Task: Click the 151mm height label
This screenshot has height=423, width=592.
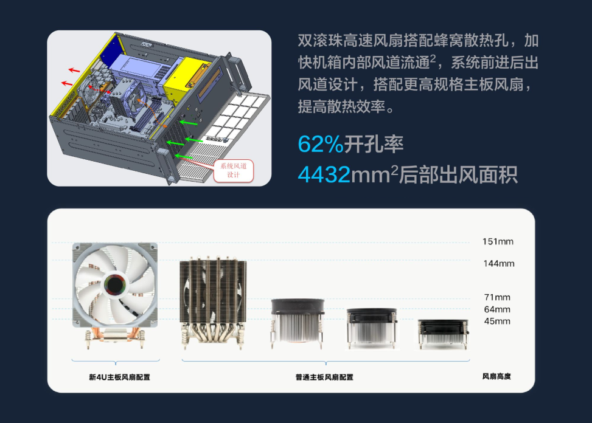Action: coord(498,241)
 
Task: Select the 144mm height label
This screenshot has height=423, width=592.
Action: coord(499,263)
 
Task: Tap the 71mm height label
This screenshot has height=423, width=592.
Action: coord(497,297)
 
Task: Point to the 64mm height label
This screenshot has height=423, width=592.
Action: coord(497,309)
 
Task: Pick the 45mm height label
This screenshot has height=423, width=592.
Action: coord(497,322)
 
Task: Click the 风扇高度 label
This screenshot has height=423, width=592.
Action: coord(496,376)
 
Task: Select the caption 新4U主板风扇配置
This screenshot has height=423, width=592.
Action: coord(119,377)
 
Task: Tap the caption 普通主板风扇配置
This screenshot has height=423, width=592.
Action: coord(324,377)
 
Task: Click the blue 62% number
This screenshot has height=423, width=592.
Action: coord(321,144)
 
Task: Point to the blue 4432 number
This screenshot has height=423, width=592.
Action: coord(324,174)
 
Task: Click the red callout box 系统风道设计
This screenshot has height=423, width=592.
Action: coord(233,170)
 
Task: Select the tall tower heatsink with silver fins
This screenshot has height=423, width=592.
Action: coord(213,301)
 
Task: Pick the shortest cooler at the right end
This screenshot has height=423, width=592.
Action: coord(444,334)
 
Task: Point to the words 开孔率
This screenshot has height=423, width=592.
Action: coord(374,144)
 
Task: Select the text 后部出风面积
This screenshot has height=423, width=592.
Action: coord(458,174)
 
